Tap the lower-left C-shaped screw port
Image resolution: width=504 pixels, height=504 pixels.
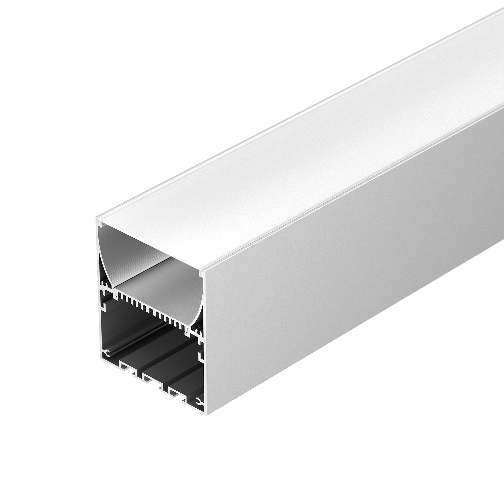coord(107,353)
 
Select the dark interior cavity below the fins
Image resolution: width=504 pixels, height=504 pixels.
coord(147,341)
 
